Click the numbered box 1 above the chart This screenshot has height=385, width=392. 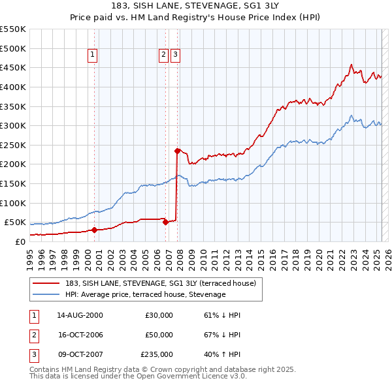pyautogui.click(x=93, y=55)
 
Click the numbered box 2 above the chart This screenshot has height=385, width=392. pyautogui.click(x=163, y=55)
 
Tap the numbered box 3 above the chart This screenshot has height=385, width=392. pyautogui.click(x=176, y=55)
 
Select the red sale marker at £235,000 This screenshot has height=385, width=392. pyautogui.click(x=177, y=151)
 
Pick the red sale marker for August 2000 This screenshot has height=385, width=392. pyautogui.click(x=94, y=230)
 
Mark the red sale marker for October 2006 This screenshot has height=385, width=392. pyautogui.click(x=165, y=222)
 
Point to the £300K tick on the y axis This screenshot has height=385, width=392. pyautogui.click(x=13, y=125)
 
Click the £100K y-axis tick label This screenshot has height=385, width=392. pyautogui.click(x=13, y=203)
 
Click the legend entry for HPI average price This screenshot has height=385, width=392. pyautogui.click(x=145, y=295)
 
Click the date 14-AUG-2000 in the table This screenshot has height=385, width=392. pyautogui.click(x=80, y=315)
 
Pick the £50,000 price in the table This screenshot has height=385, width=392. pyautogui.click(x=159, y=335)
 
